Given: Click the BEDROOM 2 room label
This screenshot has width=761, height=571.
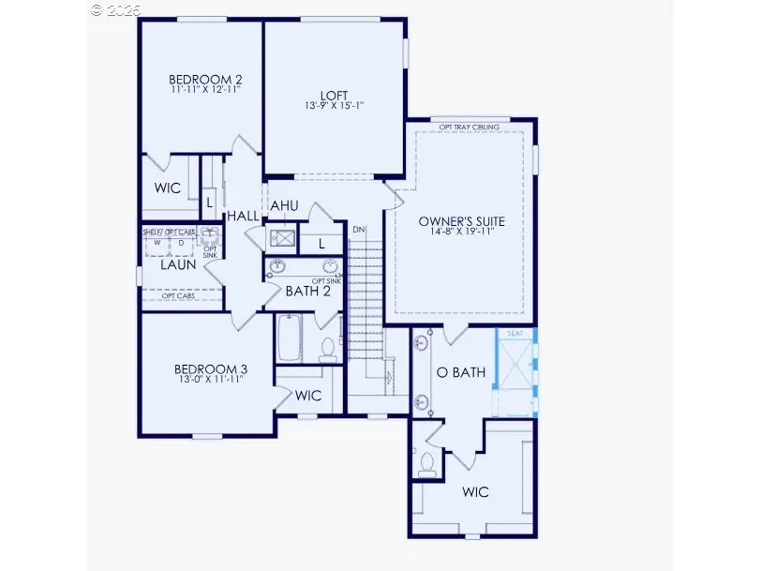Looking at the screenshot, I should point(199,79).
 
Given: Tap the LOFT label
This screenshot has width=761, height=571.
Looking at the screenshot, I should point(333,95).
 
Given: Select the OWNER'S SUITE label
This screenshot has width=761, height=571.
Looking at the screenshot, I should point(462,221).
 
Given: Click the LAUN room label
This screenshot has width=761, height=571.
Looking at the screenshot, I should point(178,264).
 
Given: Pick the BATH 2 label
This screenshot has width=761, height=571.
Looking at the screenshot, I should point(308,291).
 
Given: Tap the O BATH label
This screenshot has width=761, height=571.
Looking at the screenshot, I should point(462,372).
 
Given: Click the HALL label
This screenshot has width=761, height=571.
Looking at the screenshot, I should point(242,217).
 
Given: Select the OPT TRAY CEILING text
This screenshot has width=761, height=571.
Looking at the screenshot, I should point(470,127).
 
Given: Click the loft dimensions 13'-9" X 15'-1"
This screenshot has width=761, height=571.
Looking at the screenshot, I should point(333,106).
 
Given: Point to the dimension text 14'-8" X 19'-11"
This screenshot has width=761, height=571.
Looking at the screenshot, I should point(462,232).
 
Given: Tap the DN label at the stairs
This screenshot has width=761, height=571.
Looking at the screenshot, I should point(359,229).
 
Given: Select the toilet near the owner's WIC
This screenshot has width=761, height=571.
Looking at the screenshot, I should point(427,464).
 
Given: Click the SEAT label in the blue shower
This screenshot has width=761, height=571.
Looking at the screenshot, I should point(514,334).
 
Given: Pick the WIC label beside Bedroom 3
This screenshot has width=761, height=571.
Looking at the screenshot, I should point(308,396).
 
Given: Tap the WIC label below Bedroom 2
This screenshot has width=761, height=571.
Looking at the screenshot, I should point(168,188).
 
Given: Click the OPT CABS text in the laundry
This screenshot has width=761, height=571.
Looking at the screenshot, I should point(178,296).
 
